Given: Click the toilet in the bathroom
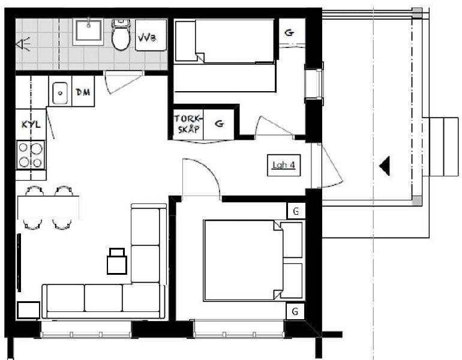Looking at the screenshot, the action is tap(121, 35).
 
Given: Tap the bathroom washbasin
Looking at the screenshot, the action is tap(88, 32).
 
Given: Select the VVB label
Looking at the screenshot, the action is tap(147, 38).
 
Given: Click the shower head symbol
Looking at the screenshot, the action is tap(23, 44).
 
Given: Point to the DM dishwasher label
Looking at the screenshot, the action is tap(83, 92).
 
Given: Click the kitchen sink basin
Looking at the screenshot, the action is tap(60, 93).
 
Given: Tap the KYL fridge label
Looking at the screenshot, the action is tap(31, 124).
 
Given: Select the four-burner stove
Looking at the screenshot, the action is tap(31, 155).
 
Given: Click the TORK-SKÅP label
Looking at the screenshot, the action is tap(188, 124).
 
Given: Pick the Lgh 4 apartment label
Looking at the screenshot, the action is tap(284, 165).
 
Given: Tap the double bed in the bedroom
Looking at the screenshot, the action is tap(253, 260).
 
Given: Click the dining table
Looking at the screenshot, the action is tap(49, 208).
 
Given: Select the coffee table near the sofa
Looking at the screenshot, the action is tap(117, 262).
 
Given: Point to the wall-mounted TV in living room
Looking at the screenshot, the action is tap(19, 262).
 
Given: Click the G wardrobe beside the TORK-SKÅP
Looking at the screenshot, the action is tap(219, 124).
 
